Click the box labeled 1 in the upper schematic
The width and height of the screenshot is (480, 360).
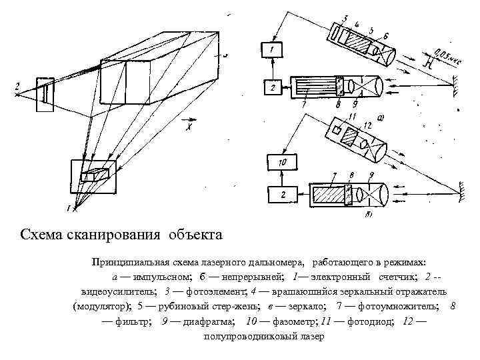pos(272,50)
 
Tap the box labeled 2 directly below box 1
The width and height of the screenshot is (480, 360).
pos(272,87)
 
